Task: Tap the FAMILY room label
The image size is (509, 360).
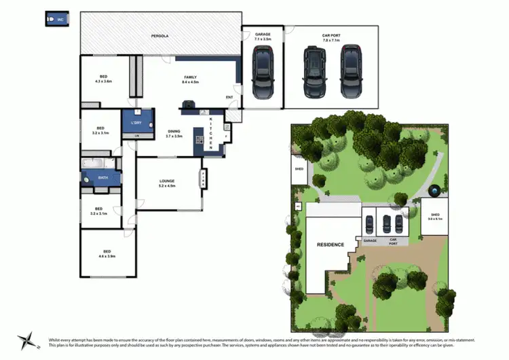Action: [190, 79]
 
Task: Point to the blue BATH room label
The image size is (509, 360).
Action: [102, 179]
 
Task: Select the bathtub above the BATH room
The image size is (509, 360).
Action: [93, 163]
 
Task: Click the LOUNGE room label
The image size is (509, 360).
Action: [167, 183]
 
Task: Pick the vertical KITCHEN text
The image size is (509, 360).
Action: [211, 134]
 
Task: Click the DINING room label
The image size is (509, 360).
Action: [174, 133]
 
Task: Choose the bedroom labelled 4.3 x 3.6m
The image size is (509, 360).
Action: [103, 79]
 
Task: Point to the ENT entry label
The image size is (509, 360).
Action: [229, 97]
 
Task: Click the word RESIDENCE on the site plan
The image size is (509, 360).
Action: [330, 245]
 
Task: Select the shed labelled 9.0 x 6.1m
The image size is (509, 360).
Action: [434, 216]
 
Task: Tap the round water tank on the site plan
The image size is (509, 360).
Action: [434, 187]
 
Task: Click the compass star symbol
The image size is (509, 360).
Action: [26, 341]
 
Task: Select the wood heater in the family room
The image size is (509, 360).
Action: [185, 105]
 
